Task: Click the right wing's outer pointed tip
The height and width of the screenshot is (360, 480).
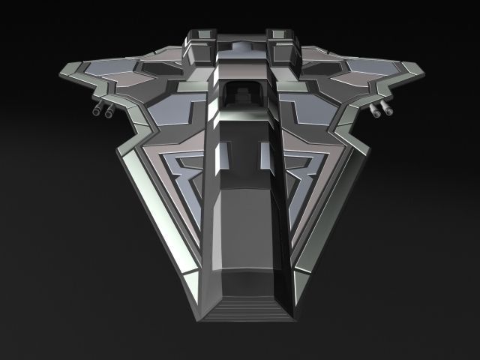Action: click(421, 73)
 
